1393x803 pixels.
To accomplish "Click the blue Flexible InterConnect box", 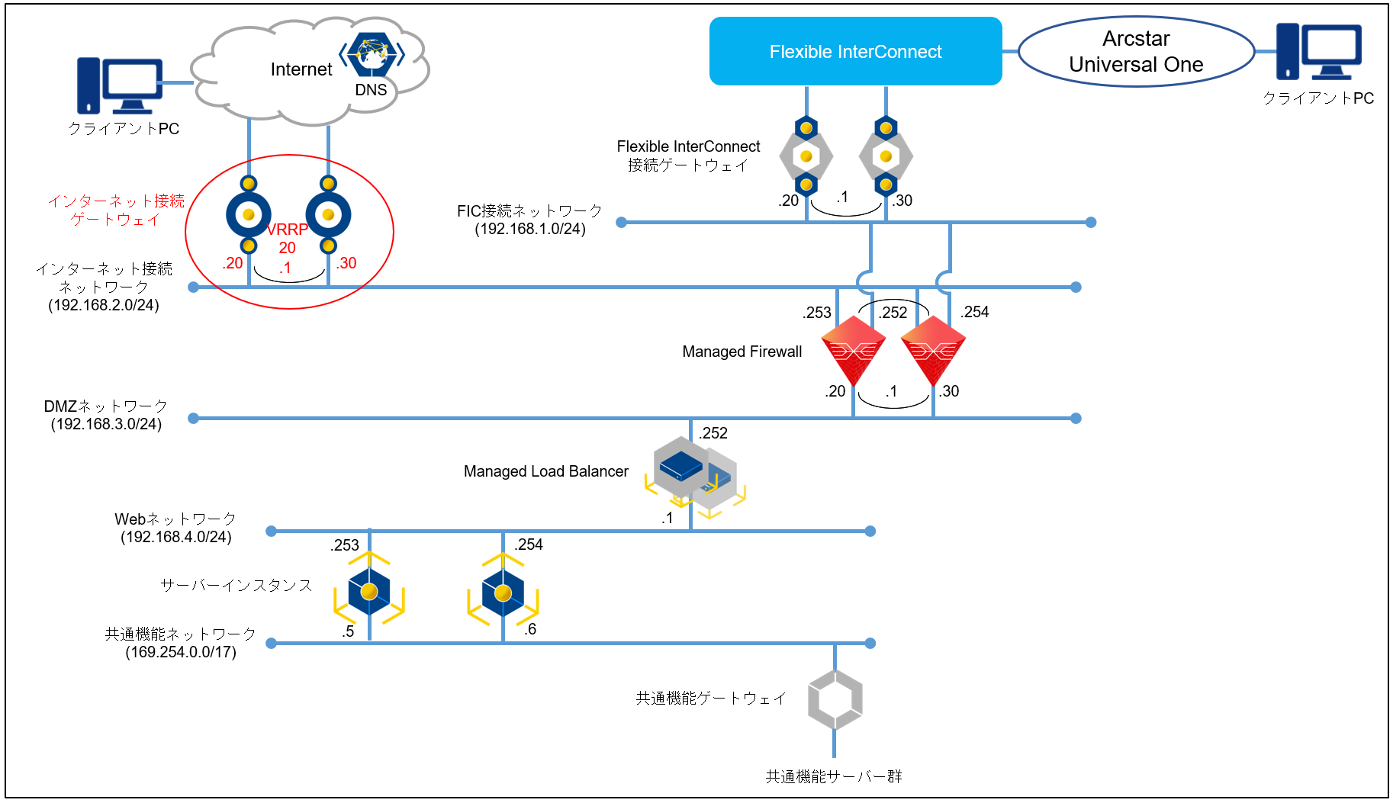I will coord(855,51).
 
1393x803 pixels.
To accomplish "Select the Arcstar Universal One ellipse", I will coord(1136,51).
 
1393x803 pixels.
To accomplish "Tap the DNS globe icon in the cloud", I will coord(372,54).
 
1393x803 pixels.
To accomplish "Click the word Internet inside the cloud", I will coord(301,69).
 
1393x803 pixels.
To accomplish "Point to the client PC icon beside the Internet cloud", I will coord(120,85).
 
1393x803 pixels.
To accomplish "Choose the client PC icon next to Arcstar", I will coord(1318,51).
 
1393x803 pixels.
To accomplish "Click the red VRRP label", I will coord(288,229).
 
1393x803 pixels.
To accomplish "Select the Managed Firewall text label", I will coord(742,352).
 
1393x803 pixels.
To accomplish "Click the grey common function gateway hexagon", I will coord(835,699).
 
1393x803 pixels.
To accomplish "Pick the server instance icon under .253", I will coord(369,592).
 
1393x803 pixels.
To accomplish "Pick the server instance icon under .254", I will coord(503,593).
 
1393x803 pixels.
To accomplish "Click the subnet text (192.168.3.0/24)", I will coord(106,424).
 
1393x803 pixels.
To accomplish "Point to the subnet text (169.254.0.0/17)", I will coord(181,652).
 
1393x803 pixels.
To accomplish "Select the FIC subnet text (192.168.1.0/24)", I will coord(530,229).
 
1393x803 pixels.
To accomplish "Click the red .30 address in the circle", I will coord(346,263).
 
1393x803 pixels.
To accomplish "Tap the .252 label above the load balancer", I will coord(714,433).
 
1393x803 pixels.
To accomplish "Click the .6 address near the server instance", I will coord(530,629).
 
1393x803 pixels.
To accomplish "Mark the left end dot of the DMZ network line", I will coord(194,418).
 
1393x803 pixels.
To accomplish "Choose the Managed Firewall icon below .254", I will coord(933,350).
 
